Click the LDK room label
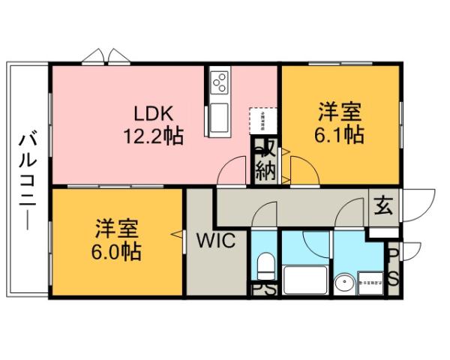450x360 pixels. point(154,114)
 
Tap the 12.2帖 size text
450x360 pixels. point(154,136)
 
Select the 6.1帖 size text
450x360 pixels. point(340,135)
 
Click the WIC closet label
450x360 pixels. point(217,241)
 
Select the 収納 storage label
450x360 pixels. point(265,160)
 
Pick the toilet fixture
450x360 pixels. point(264,266)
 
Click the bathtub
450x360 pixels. point(306,282)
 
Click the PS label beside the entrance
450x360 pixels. point(392,267)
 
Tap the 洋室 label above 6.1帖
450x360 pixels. point(340,112)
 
